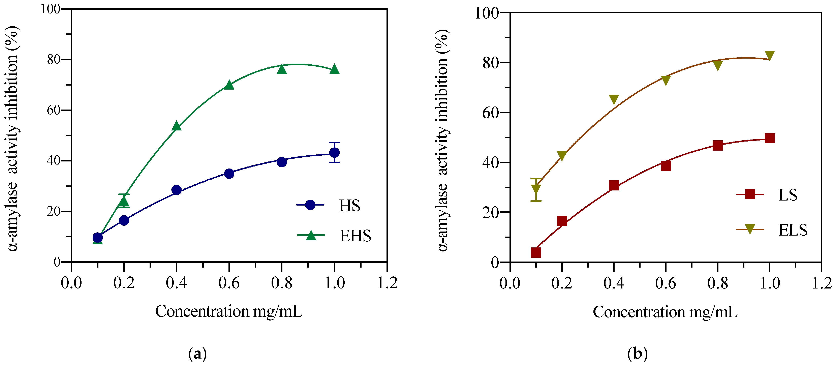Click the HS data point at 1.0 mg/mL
(x=334, y=153)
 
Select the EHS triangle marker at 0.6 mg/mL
(x=229, y=85)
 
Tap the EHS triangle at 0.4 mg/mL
(x=177, y=126)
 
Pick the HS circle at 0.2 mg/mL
(x=124, y=221)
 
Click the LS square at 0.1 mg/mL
(x=536, y=252)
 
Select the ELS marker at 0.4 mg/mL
(x=614, y=99)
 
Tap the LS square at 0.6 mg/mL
(x=666, y=166)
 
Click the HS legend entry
(x=349, y=205)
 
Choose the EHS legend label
(x=355, y=236)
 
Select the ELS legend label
(x=793, y=230)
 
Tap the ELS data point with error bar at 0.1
(x=536, y=189)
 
